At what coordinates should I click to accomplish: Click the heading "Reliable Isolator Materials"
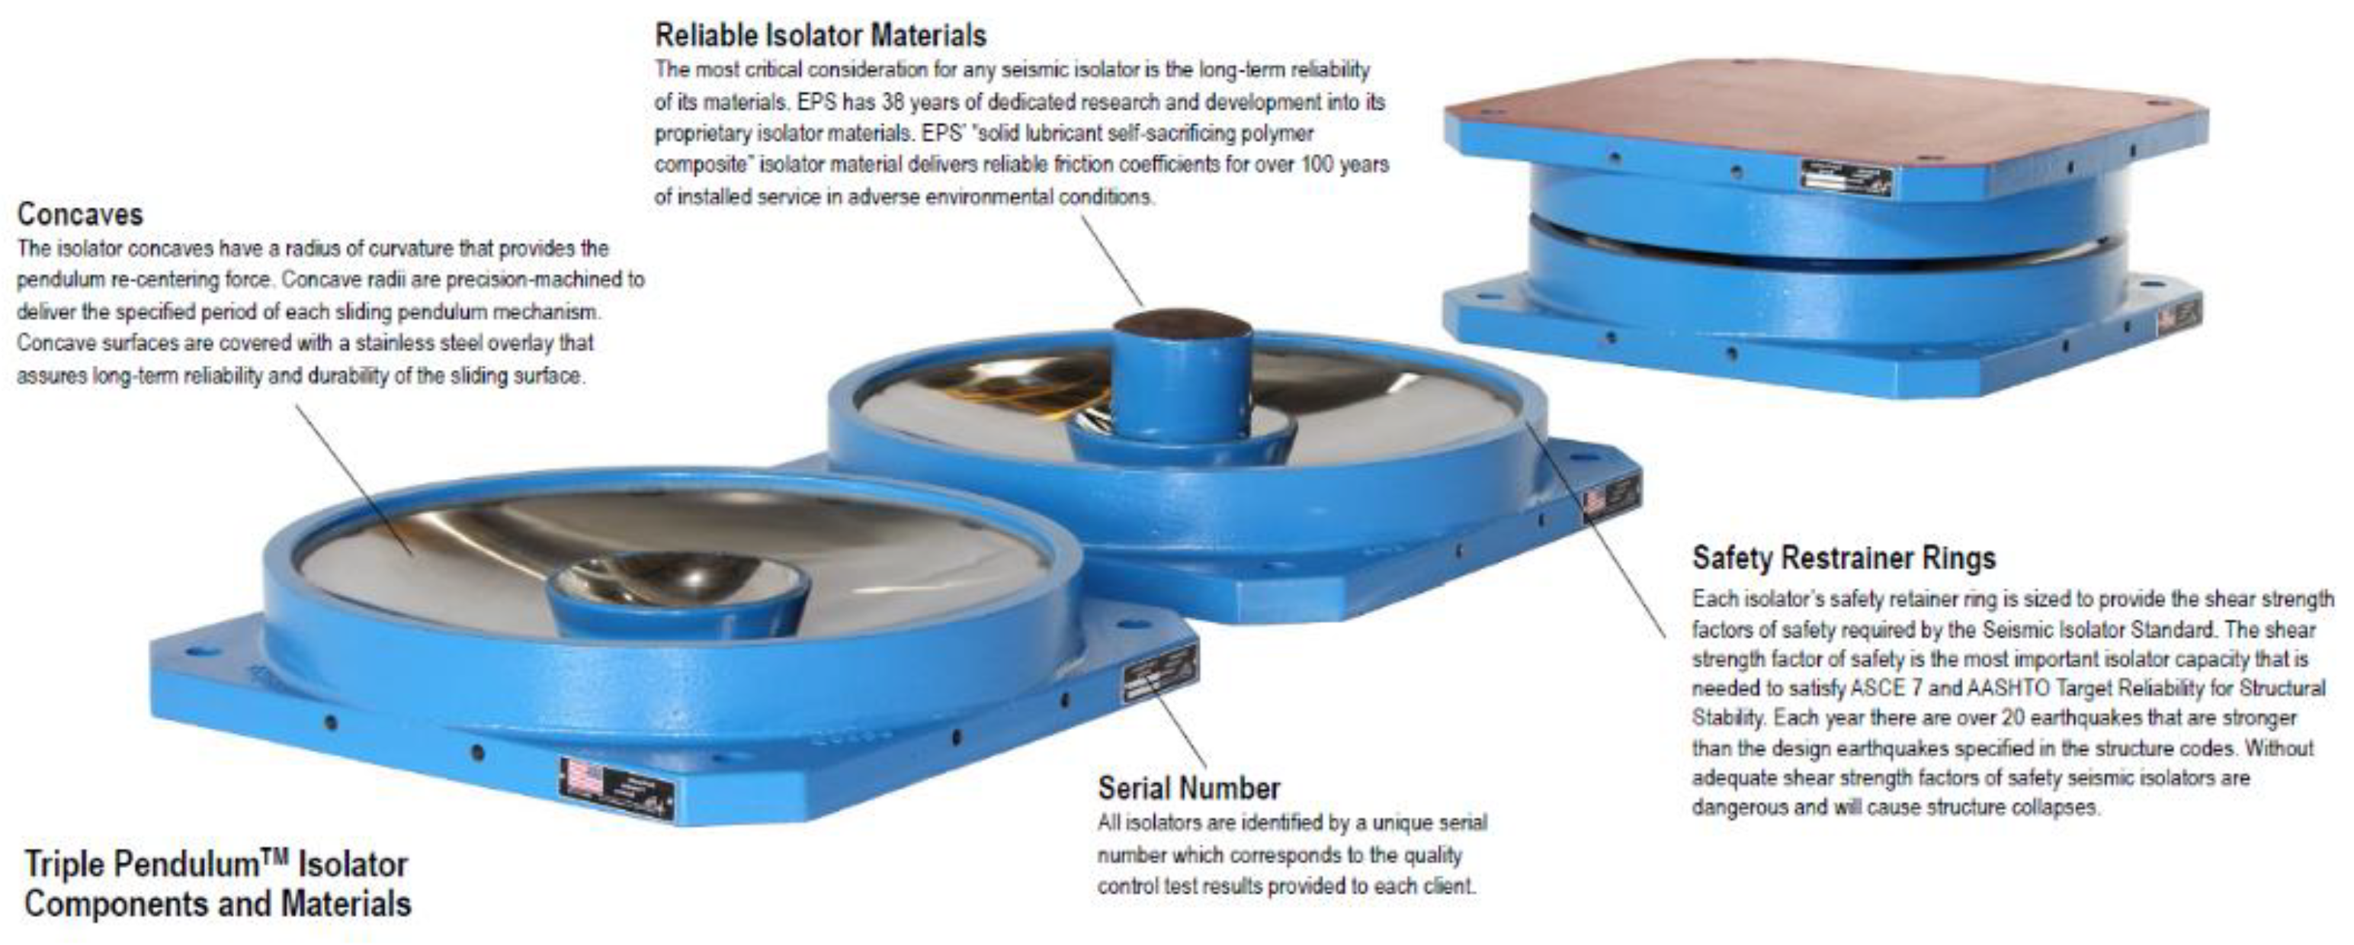point(820,36)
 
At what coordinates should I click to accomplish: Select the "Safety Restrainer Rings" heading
point(1843,558)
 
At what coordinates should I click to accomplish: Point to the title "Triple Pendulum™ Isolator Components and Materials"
point(217,884)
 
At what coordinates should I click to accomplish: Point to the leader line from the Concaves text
point(354,481)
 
